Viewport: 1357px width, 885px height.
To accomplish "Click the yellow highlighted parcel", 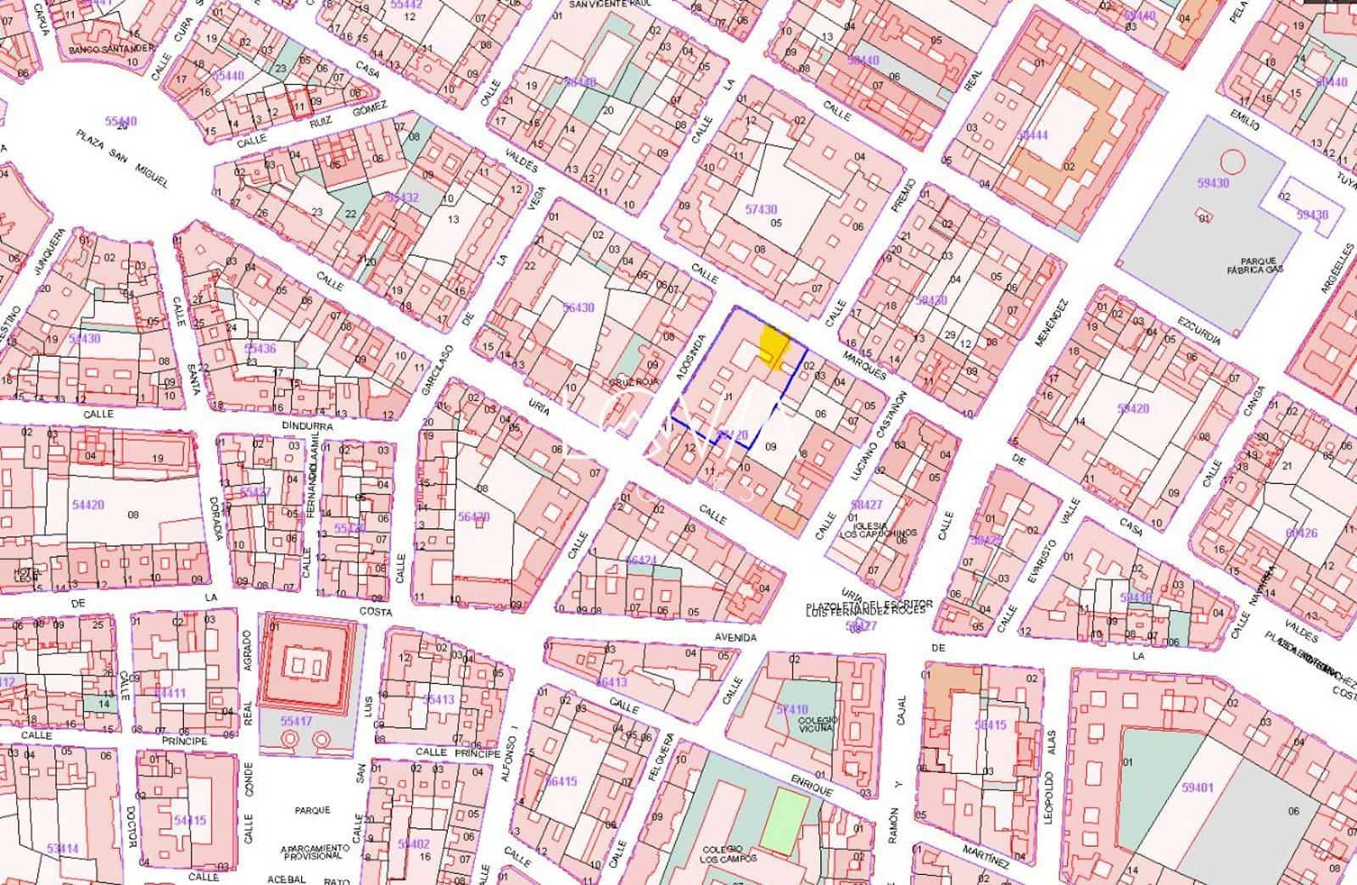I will (773, 346).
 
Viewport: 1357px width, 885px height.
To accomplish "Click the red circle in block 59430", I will (1231, 160).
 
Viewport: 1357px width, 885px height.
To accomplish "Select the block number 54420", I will (87, 504).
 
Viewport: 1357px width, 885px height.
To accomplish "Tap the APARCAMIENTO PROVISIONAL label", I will (315, 852).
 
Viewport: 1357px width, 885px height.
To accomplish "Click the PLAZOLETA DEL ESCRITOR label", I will (869, 604).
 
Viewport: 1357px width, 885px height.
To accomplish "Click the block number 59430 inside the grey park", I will (1213, 183).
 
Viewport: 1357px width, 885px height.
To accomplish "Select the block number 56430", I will (578, 308).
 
